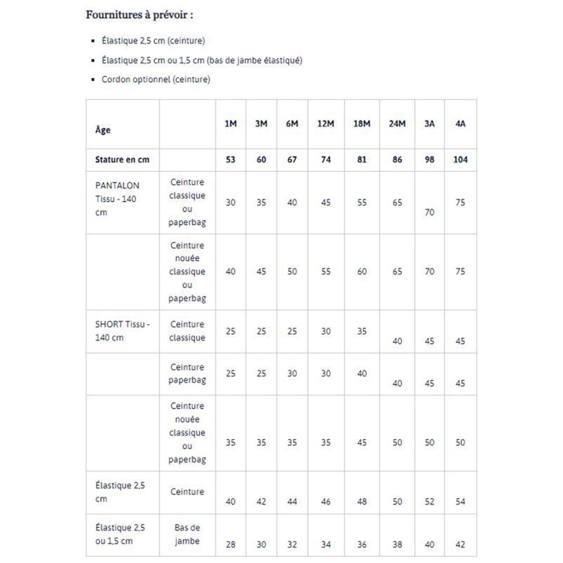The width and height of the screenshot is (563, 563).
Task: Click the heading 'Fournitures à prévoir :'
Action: point(139,15)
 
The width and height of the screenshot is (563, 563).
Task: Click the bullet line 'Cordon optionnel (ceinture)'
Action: point(156,80)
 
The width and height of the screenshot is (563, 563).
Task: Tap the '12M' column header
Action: point(325,124)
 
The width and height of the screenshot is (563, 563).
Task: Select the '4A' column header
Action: point(460,124)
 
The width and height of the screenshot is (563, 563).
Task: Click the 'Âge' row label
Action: point(103,130)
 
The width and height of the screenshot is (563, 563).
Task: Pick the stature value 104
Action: point(460,160)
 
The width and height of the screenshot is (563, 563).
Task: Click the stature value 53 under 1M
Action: point(230,160)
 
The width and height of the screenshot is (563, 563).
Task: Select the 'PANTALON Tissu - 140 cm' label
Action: point(118,198)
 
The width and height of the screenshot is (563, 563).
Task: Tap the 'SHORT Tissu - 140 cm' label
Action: point(122,331)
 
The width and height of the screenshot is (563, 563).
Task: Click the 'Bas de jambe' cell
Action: point(187,534)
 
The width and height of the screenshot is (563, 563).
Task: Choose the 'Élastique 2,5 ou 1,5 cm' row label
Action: point(120,534)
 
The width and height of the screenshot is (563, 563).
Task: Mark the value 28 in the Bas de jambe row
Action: point(230,544)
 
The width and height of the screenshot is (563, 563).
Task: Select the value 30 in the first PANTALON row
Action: point(230,203)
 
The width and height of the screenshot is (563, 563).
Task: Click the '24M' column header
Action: point(397,124)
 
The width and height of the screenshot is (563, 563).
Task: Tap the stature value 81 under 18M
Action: point(362,160)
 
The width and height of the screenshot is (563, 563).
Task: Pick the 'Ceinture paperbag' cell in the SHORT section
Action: point(187,374)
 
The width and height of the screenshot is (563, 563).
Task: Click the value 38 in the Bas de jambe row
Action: point(397,544)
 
